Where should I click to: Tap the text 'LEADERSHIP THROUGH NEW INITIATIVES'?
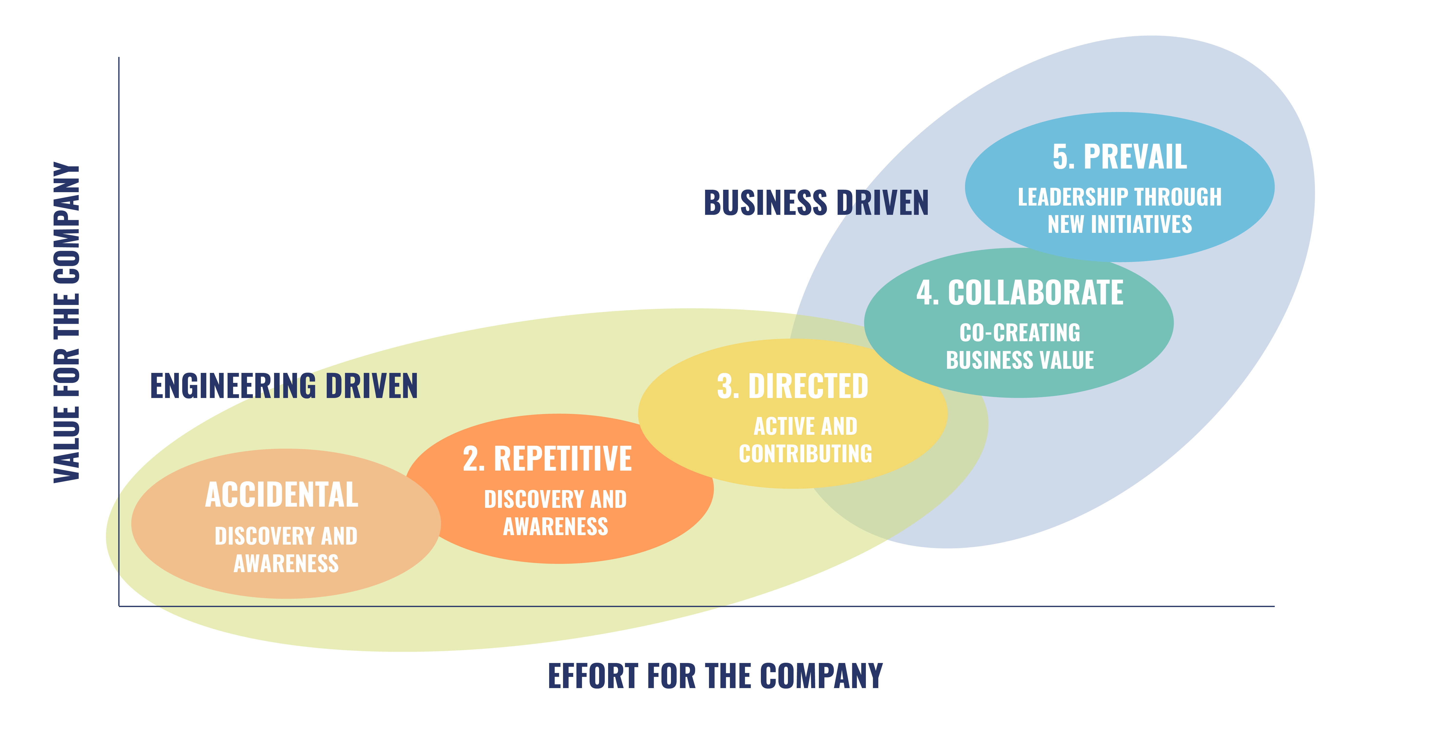(x=1120, y=210)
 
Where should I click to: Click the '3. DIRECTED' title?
(x=793, y=387)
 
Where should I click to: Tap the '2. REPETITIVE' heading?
(x=548, y=459)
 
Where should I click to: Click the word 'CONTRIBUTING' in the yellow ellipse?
(x=805, y=454)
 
